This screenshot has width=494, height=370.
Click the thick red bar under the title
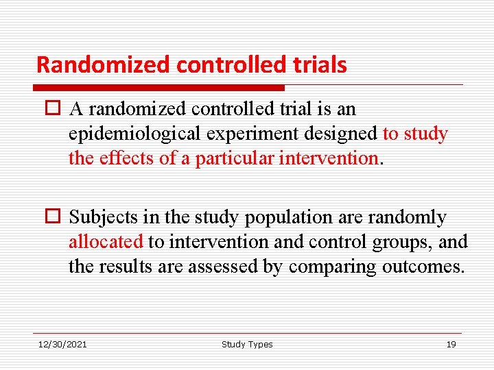pos(159,88)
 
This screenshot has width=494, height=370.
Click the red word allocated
pos(106,242)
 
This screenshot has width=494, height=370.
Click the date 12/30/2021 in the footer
pos(62,344)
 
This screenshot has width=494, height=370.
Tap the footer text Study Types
pos(247,344)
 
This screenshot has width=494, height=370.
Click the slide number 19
pos(451,344)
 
